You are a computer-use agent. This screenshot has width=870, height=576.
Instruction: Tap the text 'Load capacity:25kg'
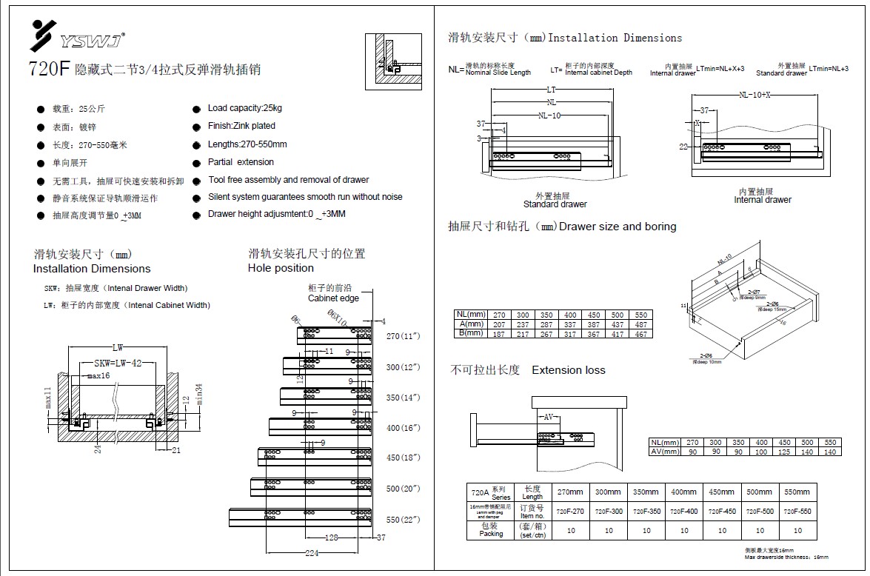[x=245, y=108]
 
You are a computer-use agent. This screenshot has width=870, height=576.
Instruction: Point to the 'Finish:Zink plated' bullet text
[x=241, y=127]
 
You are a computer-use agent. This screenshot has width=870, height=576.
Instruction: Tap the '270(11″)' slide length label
[x=404, y=336]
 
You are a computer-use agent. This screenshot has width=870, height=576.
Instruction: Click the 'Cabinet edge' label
[x=333, y=298]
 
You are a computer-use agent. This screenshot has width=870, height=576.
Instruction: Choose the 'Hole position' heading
[x=281, y=268]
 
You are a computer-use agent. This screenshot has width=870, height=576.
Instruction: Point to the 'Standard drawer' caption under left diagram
[x=555, y=204]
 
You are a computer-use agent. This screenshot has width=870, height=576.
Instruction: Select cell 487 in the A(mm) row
[x=641, y=325]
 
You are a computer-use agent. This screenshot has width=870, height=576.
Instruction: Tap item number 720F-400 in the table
[x=684, y=512]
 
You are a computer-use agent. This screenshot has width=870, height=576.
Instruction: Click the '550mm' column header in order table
[x=797, y=492]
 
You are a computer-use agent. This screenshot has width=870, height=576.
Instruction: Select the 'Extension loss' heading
[x=568, y=370]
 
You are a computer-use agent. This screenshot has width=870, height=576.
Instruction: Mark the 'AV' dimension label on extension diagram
[x=549, y=418]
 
